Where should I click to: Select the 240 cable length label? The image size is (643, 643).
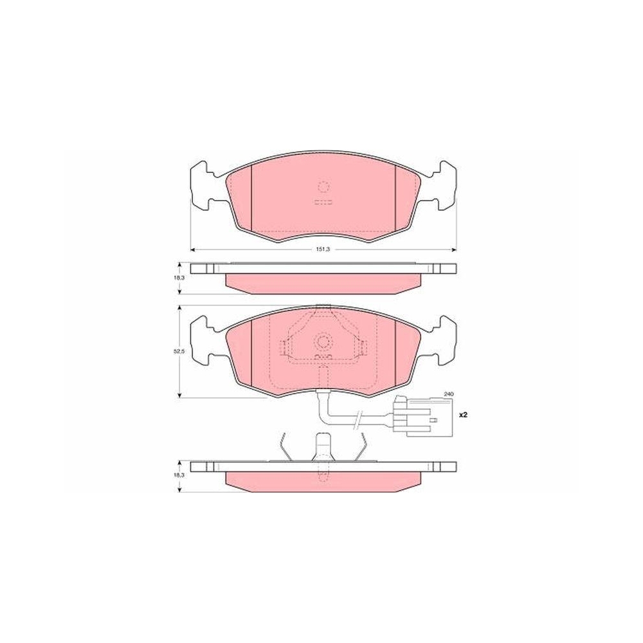pyautogui.click(x=448, y=394)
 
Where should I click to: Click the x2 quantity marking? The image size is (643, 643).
pyautogui.click(x=462, y=415)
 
